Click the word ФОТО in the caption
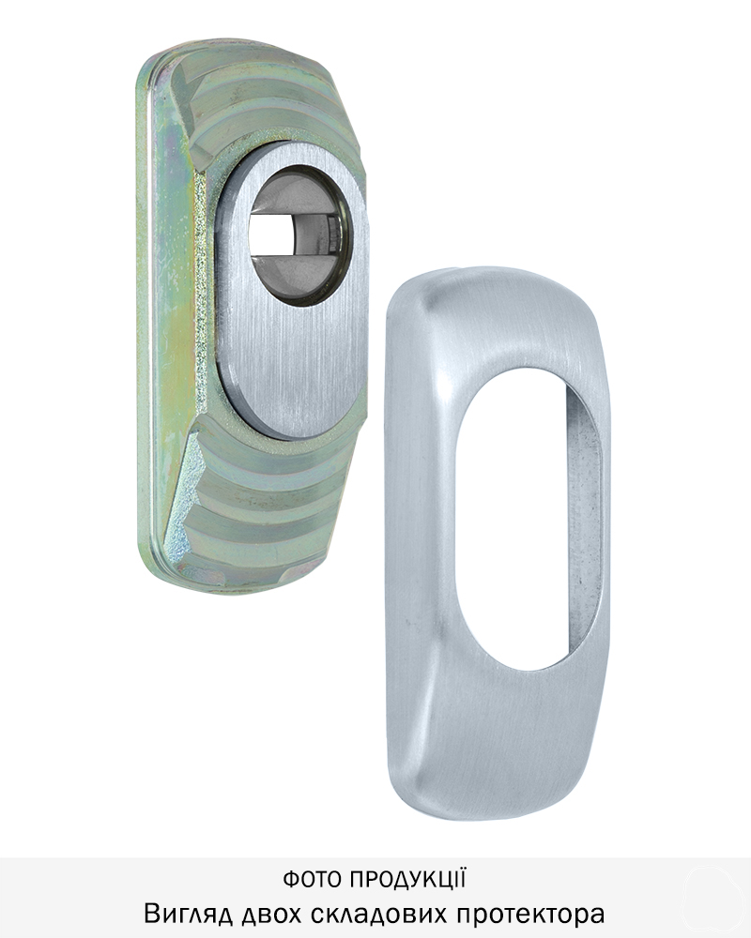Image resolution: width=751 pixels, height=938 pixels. coord(313,880)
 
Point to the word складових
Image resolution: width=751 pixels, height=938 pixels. coord(379,915)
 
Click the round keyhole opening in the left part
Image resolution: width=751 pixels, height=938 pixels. coord(298,235)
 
